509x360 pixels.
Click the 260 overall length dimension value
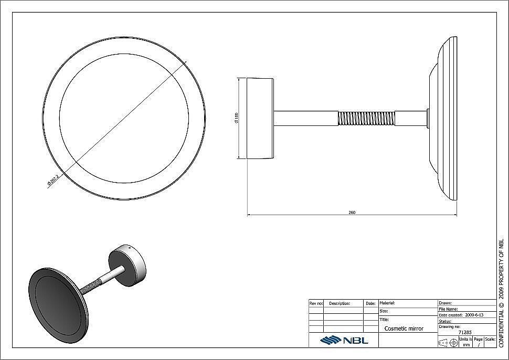coord(352,212)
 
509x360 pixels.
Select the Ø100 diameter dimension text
coord(238,118)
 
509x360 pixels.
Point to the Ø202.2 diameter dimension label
coord(53,179)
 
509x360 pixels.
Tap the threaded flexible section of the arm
coord(366,118)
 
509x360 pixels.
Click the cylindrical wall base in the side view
coord(260,118)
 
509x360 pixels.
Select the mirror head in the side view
coord(443,118)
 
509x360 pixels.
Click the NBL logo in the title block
coord(344,340)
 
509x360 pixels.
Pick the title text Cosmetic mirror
coord(404,329)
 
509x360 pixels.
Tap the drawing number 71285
coord(465,332)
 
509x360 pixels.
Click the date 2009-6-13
coord(474,315)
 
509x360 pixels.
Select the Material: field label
coord(387,303)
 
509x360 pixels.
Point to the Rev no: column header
coord(316,303)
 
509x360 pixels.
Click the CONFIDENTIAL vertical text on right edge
coord(501,294)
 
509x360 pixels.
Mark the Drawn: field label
coord(445,303)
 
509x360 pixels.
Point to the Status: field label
coord(446,321)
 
